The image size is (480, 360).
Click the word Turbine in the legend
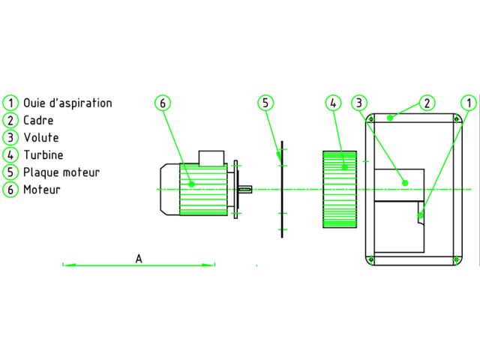tap(43, 155)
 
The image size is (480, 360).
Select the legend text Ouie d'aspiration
tap(67, 103)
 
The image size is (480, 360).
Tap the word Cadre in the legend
tap(38, 120)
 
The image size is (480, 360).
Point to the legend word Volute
tap(41, 137)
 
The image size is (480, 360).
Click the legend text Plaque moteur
tap(61, 172)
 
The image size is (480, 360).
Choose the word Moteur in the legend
tap(42, 190)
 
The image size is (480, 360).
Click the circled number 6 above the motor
tap(163, 103)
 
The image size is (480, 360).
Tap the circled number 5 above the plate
tap(265, 103)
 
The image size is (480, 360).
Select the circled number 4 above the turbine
tap(333, 103)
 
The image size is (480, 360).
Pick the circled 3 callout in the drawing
tap(359, 103)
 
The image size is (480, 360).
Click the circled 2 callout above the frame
tap(427, 103)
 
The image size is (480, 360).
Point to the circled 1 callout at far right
tap(469, 103)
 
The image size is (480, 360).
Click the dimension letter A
tap(139, 259)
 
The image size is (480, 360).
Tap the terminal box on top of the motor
tap(211, 158)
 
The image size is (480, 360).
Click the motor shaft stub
tap(245, 190)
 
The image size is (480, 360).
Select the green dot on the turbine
tap(345, 167)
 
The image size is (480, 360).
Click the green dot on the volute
tap(405, 183)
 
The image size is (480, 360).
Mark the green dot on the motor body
tap(192, 184)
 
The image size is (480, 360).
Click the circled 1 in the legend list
tap(10, 103)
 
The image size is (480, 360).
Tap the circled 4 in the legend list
tap(10, 155)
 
